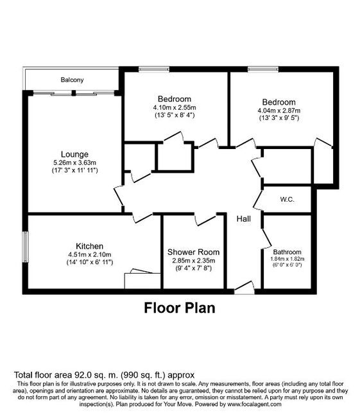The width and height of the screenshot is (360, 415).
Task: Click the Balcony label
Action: (x=72, y=80)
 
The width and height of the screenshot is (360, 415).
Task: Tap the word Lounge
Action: (x=74, y=154)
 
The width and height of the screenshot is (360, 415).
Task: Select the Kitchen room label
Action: (x=89, y=246)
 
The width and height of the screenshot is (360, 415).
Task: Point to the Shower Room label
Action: (x=194, y=252)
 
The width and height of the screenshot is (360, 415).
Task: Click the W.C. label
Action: (x=287, y=199)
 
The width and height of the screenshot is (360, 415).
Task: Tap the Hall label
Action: (x=244, y=218)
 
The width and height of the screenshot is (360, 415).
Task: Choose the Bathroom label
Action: (x=287, y=252)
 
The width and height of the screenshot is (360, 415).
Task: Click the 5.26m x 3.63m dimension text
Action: (x=75, y=163)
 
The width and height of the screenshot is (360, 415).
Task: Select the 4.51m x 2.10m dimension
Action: (x=90, y=254)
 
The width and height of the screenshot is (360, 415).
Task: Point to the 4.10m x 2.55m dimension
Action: (x=175, y=107)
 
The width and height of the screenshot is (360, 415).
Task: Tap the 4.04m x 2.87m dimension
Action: (x=279, y=110)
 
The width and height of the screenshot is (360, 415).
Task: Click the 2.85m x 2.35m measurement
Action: (x=194, y=260)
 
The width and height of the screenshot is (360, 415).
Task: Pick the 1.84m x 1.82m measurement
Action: (x=287, y=259)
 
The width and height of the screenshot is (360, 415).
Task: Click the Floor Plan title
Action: (x=180, y=308)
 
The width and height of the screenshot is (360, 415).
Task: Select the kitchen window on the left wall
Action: (x=26, y=247)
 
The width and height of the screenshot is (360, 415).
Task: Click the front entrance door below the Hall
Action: (x=244, y=287)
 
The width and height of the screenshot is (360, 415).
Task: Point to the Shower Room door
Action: (x=205, y=220)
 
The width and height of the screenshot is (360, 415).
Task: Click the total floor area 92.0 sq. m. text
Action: (x=104, y=375)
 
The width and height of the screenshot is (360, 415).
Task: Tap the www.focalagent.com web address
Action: (x=254, y=404)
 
